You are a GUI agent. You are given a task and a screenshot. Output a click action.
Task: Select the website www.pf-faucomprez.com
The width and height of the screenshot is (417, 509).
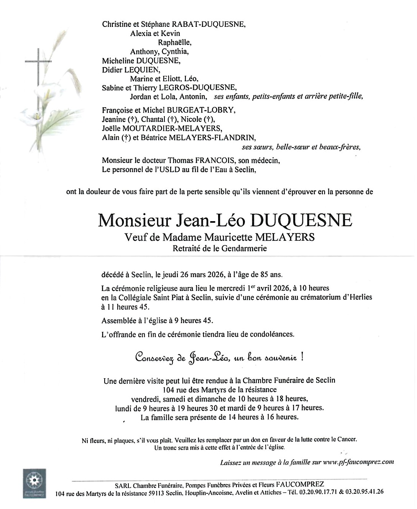(x=358, y=462)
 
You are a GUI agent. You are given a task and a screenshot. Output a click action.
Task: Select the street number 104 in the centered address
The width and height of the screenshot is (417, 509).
(x=169, y=390)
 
